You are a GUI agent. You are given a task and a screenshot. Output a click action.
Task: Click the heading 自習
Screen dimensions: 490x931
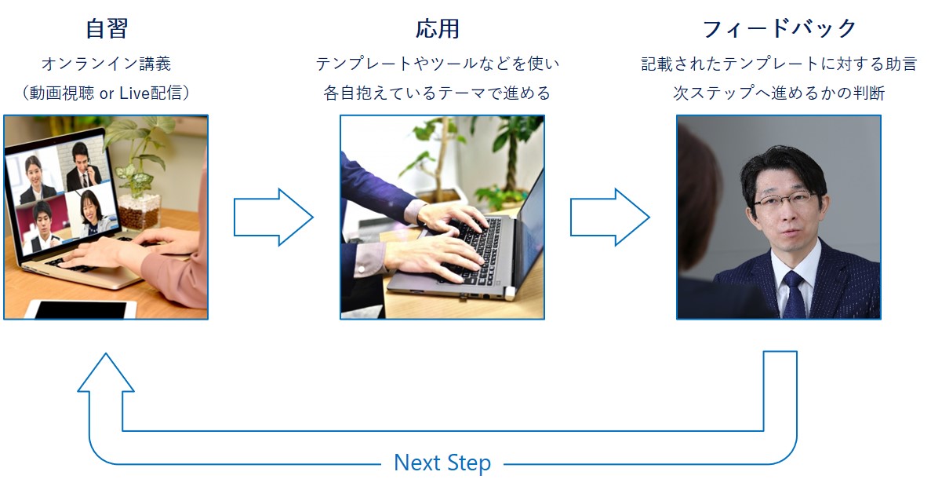106,29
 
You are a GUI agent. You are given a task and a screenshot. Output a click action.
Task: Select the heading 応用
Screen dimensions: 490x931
438,29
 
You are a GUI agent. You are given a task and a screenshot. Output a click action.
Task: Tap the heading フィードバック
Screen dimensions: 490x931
779,29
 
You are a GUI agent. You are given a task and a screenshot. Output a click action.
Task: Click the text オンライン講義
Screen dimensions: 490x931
106,64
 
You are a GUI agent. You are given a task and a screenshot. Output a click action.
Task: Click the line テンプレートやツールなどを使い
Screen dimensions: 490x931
438,64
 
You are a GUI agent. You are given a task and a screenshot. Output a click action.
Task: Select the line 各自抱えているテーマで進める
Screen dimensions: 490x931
438,93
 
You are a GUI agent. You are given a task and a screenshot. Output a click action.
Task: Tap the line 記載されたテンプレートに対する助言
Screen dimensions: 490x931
779,64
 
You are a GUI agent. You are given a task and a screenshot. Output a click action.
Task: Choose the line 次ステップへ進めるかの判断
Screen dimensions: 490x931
779,93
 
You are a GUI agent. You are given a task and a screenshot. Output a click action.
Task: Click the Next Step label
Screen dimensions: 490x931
442,463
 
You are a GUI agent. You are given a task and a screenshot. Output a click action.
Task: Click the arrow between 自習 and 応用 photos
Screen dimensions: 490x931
273,218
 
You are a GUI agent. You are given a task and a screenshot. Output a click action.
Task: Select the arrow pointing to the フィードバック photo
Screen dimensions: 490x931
609,218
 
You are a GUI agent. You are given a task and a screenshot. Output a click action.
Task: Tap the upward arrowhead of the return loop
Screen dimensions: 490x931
106,373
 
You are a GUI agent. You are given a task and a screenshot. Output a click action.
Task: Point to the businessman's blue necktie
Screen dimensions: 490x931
794,294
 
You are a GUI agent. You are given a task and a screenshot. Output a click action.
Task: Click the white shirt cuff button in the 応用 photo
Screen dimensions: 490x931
363,269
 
